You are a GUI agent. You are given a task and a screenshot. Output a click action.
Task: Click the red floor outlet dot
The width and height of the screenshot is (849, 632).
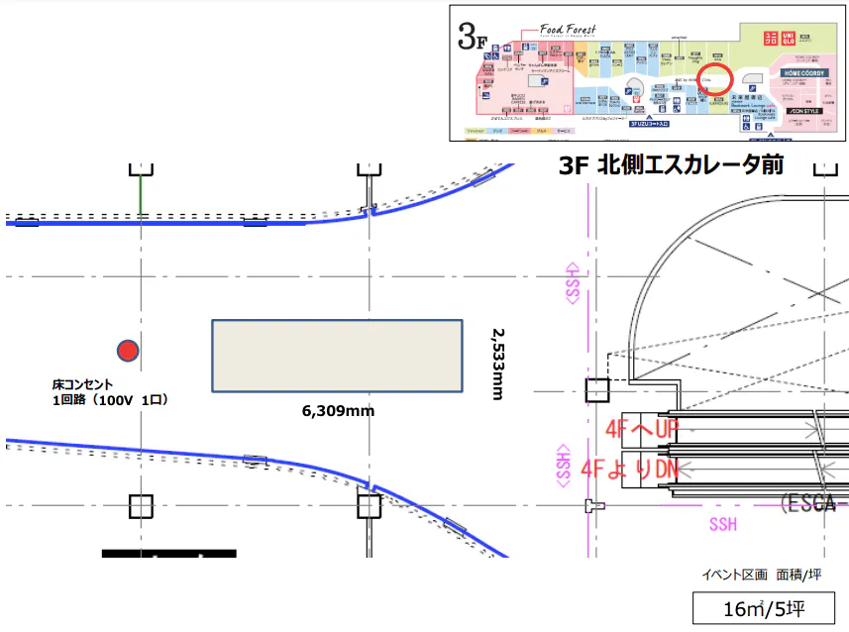[127, 350]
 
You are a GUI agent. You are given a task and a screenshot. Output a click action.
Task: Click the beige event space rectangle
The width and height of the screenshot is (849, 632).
[337, 357]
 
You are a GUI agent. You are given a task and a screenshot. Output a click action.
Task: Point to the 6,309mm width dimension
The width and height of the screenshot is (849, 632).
[338, 409]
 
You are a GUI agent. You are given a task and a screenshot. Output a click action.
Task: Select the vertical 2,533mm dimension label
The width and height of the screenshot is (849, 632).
[497, 365]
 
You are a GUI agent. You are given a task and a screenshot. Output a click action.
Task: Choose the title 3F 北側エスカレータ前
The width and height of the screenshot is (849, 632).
[671, 165]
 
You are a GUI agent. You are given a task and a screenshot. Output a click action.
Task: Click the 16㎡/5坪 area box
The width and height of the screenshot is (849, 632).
[763, 608]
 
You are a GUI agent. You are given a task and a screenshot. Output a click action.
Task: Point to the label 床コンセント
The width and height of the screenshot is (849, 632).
[83, 383]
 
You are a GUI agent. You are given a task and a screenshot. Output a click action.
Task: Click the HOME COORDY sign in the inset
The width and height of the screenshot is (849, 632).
[804, 73]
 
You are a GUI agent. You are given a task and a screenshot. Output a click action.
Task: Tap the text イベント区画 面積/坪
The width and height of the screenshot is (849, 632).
[763, 575]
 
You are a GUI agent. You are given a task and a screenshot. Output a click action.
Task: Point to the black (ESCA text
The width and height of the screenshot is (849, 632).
[812, 502]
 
